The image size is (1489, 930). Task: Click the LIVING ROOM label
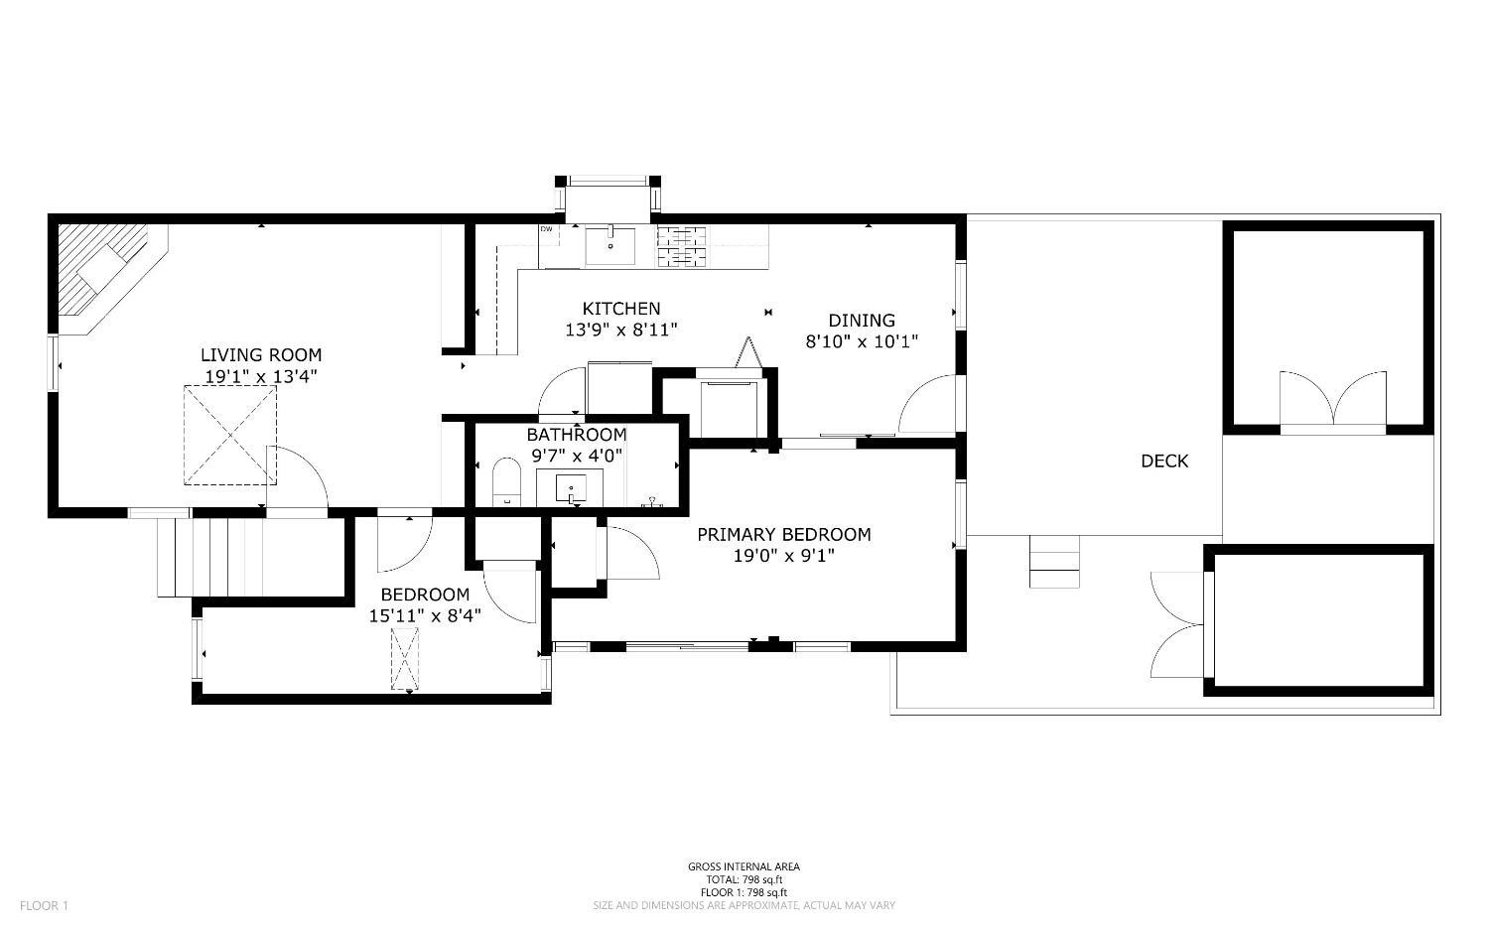click(261, 354)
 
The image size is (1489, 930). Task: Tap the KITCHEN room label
click(620, 309)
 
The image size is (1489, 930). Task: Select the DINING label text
click(862, 320)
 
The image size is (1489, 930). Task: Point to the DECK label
click(1163, 461)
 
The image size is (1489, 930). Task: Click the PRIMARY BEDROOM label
click(783, 534)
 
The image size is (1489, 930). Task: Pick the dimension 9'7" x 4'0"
click(576, 457)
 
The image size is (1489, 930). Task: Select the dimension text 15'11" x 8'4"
click(425, 615)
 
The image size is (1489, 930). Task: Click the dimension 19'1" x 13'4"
click(261, 376)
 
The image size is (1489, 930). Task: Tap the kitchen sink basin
click(609, 245)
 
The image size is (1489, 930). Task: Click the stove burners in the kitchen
click(683, 247)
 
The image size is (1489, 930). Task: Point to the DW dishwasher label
click(546, 229)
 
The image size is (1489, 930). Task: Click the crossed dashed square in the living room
click(229, 435)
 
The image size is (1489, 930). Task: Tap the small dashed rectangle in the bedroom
click(405, 658)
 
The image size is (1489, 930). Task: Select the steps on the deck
click(1053, 561)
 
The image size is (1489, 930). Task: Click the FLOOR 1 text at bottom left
click(44, 905)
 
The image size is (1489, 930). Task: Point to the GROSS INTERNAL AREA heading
click(744, 866)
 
